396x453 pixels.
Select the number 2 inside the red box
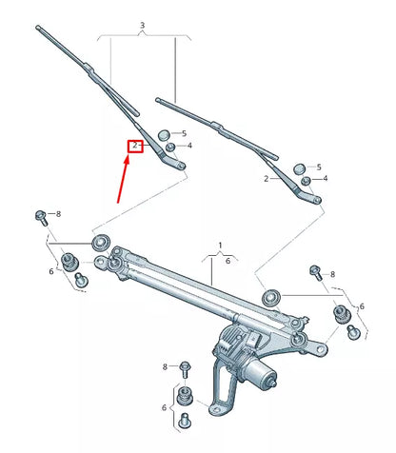click(136, 147)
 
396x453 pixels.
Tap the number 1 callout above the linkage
click(221, 246)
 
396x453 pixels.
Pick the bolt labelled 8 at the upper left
click(41, 216)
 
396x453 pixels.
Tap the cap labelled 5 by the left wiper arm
click(164, 133)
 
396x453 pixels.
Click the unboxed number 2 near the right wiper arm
click(266, 178)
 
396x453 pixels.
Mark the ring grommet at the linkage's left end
click(99, 240)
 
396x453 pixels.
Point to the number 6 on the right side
click(362, 305)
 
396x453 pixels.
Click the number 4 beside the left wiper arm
click(189, 145)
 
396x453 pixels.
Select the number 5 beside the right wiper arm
click(318, 167)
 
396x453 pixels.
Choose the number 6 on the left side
click(51, 272)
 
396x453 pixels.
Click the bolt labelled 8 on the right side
click(315, 274)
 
